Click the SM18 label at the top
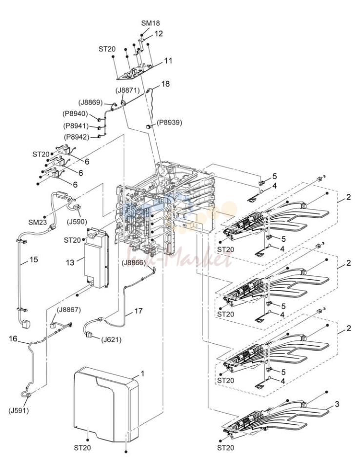(150, 23)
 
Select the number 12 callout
(159, 34)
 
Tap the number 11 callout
(168, 61)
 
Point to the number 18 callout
(165, 83)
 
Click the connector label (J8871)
(127, 90)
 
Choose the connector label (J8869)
(91, 103)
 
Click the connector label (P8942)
(76, 137)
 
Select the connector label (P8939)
(169, 123)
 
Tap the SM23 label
(38, 222)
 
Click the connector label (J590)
(77, 222)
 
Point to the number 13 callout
(70, 263)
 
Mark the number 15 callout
(34, 259)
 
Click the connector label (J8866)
(134, 263)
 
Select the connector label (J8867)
(69, 310)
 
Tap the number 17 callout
(139, 311)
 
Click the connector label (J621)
(111, 340)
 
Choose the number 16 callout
(13, 339)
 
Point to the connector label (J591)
(19, 411)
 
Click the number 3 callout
(337, 404)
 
